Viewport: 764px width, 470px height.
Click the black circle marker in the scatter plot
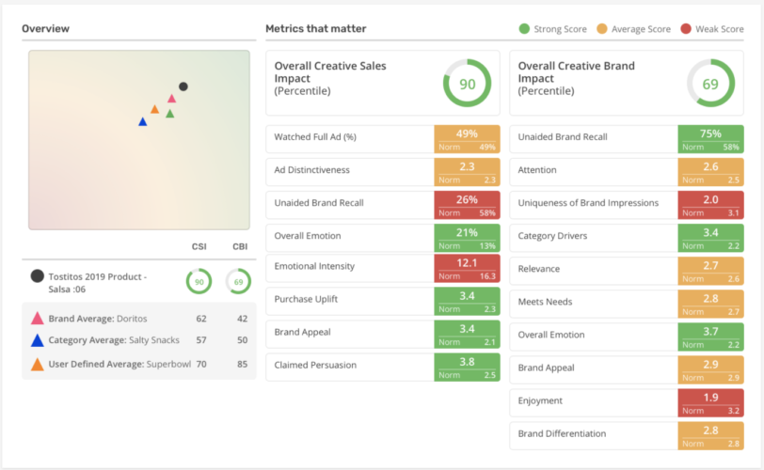coord(183,86)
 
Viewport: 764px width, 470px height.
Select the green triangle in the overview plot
coord(170,114)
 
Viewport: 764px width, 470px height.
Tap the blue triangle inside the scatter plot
coord(142,121)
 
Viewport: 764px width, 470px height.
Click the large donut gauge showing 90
coord(467,84)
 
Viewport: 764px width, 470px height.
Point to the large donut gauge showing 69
coord(710,84)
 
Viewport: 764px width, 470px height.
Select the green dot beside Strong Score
coord(524,29)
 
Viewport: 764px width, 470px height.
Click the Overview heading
coord(45,28)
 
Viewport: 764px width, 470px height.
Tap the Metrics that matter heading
coord(315,28)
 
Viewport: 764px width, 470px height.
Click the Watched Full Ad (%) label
coord(315,137)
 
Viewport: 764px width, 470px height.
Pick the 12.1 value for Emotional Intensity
coord(467,265)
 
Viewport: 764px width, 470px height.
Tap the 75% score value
coord(710,133)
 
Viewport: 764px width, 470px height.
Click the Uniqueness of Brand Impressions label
coord(588,203)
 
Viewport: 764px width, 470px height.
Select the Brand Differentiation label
coord(562,433)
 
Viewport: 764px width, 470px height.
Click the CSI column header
coord(199,247)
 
